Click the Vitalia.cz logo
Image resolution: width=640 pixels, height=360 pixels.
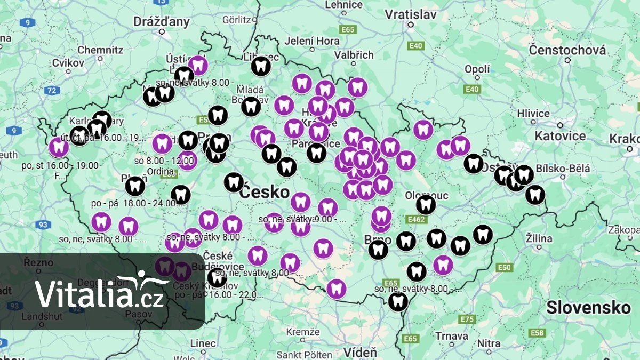point(99,291)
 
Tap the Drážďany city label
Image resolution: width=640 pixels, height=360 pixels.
point(162,22)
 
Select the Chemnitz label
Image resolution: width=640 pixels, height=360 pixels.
point(100,50)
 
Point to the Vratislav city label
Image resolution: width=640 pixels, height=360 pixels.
point(411,14)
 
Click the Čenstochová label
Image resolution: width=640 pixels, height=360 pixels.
point(567,51)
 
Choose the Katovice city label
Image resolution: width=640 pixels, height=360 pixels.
point(560,135)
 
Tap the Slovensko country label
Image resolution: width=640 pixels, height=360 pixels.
point(588,308)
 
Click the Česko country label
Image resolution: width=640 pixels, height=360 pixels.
point(264,192)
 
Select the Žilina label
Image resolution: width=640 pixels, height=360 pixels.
point(539,238)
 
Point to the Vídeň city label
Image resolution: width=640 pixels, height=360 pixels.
point(359,353)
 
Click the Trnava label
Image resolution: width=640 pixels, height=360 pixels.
point(451,336)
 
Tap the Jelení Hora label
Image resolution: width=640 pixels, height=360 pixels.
point(312,41)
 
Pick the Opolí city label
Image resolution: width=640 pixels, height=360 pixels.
point(477,69)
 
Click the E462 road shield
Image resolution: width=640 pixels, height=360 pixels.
point(416,219)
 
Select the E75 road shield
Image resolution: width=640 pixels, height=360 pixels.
point(467,319)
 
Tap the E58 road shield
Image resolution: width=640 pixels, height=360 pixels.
point(537,333)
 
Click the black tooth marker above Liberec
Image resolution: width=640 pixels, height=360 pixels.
point(261,67)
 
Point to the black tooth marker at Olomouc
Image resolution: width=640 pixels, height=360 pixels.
point(426,204)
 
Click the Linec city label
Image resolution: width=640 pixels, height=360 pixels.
point(203,343)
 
